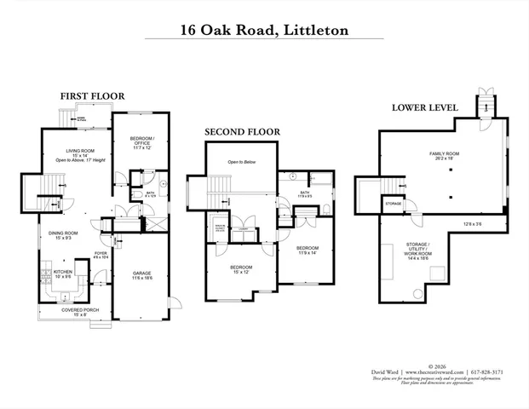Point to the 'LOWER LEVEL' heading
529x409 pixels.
(x=424, y=108)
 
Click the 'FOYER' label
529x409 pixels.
(x=100, y=253)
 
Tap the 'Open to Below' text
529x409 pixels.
(x=242, y=161)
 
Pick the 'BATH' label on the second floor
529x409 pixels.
(x=304, y=193)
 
